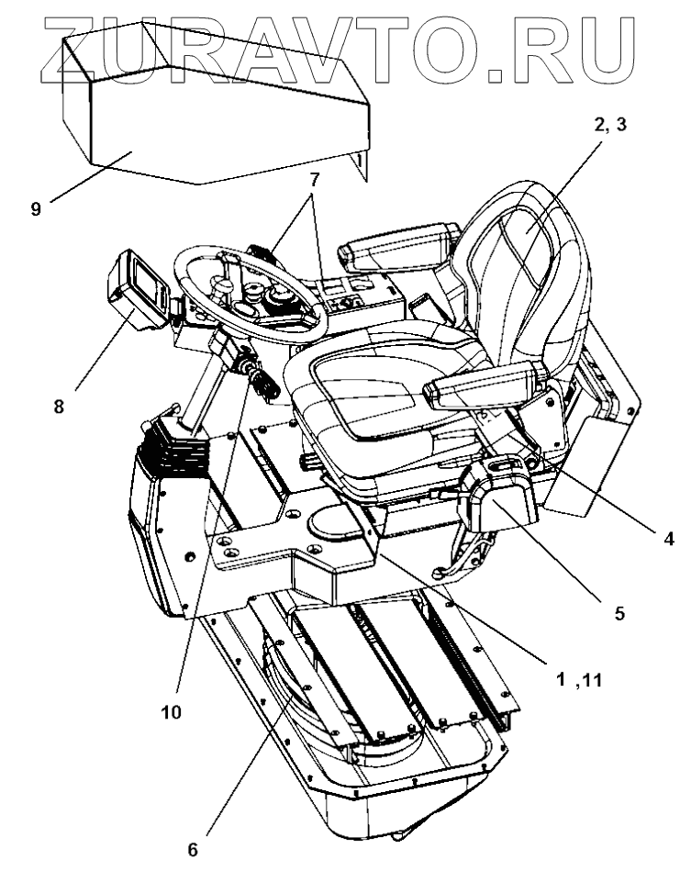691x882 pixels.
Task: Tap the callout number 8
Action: pyautogui.click(x=58, y=404)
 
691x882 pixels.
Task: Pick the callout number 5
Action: pyautogui.click(x=620, y=613)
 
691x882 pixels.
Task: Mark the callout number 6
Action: pyautogui.click(x=192, y=850)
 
